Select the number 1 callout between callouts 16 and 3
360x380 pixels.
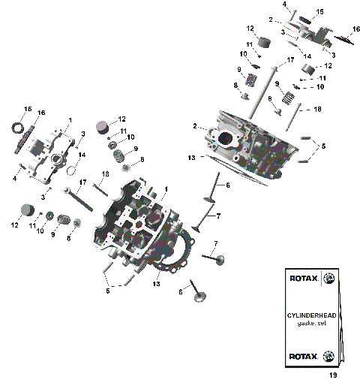point(70,120)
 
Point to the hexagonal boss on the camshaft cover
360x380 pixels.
point(56,159)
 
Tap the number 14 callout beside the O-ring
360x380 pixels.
point(82,155)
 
